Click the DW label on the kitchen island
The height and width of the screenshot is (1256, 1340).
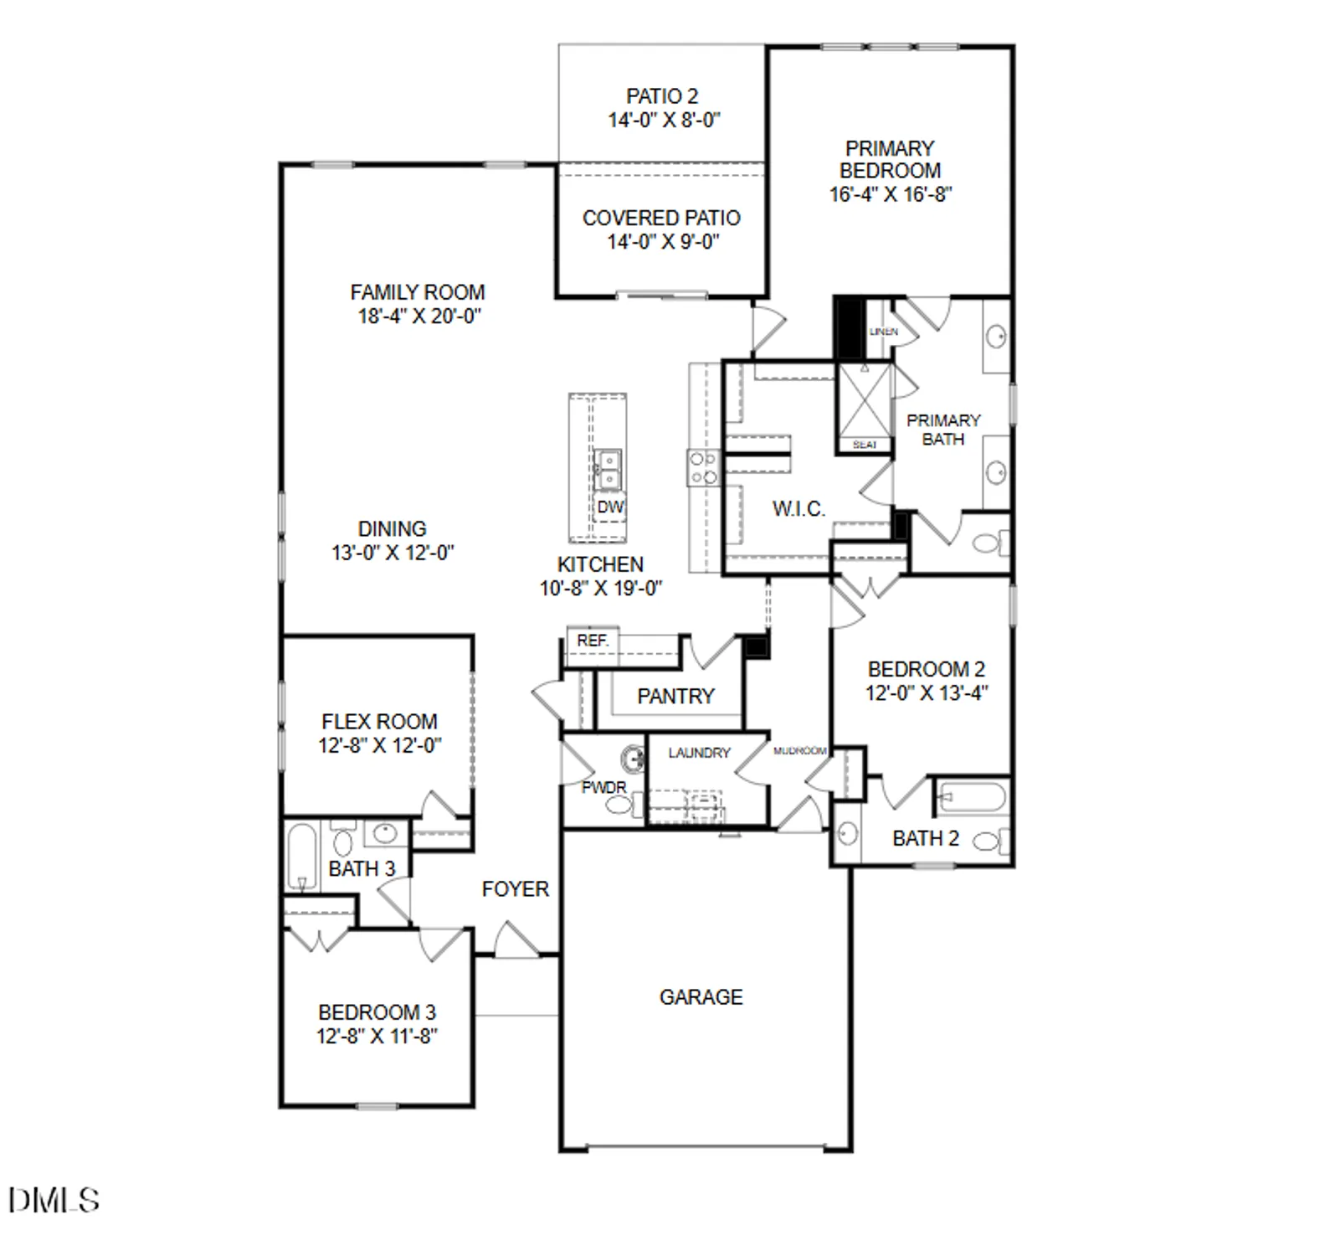click(x=610, y=507)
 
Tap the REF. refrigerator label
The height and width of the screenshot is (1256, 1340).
click(x=592, y=641)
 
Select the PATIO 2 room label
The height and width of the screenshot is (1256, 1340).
click(x=662, y=96)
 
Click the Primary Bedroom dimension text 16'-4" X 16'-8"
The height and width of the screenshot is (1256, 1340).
click(x=890, y=194)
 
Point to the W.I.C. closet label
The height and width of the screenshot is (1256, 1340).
click(x=798, y=508)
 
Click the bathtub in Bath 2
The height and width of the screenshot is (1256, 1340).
click(x=972, y=797)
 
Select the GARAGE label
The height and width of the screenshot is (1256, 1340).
click(x=701, y=996)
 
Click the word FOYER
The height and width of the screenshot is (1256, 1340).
click(x=515, y=888)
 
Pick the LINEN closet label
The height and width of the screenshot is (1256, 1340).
click(x=883, y=332)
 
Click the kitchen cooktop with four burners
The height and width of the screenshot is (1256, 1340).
click(x=702, y=468)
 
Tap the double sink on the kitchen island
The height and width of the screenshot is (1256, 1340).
click(x=608, y=470)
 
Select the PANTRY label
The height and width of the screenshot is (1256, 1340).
click(x=675, y=696)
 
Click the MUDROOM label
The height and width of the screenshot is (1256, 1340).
click(x=799, y=751)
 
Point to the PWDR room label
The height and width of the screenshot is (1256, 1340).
click(x=603, y=787)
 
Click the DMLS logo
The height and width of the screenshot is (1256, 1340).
click(x=54, y=1200)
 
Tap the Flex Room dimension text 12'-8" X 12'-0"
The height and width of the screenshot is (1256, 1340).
click(x=379, y=745)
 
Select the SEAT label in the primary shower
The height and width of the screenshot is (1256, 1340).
click(x=864, y=445)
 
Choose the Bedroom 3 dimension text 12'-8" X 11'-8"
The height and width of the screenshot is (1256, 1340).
click(x=377, y=1036)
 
